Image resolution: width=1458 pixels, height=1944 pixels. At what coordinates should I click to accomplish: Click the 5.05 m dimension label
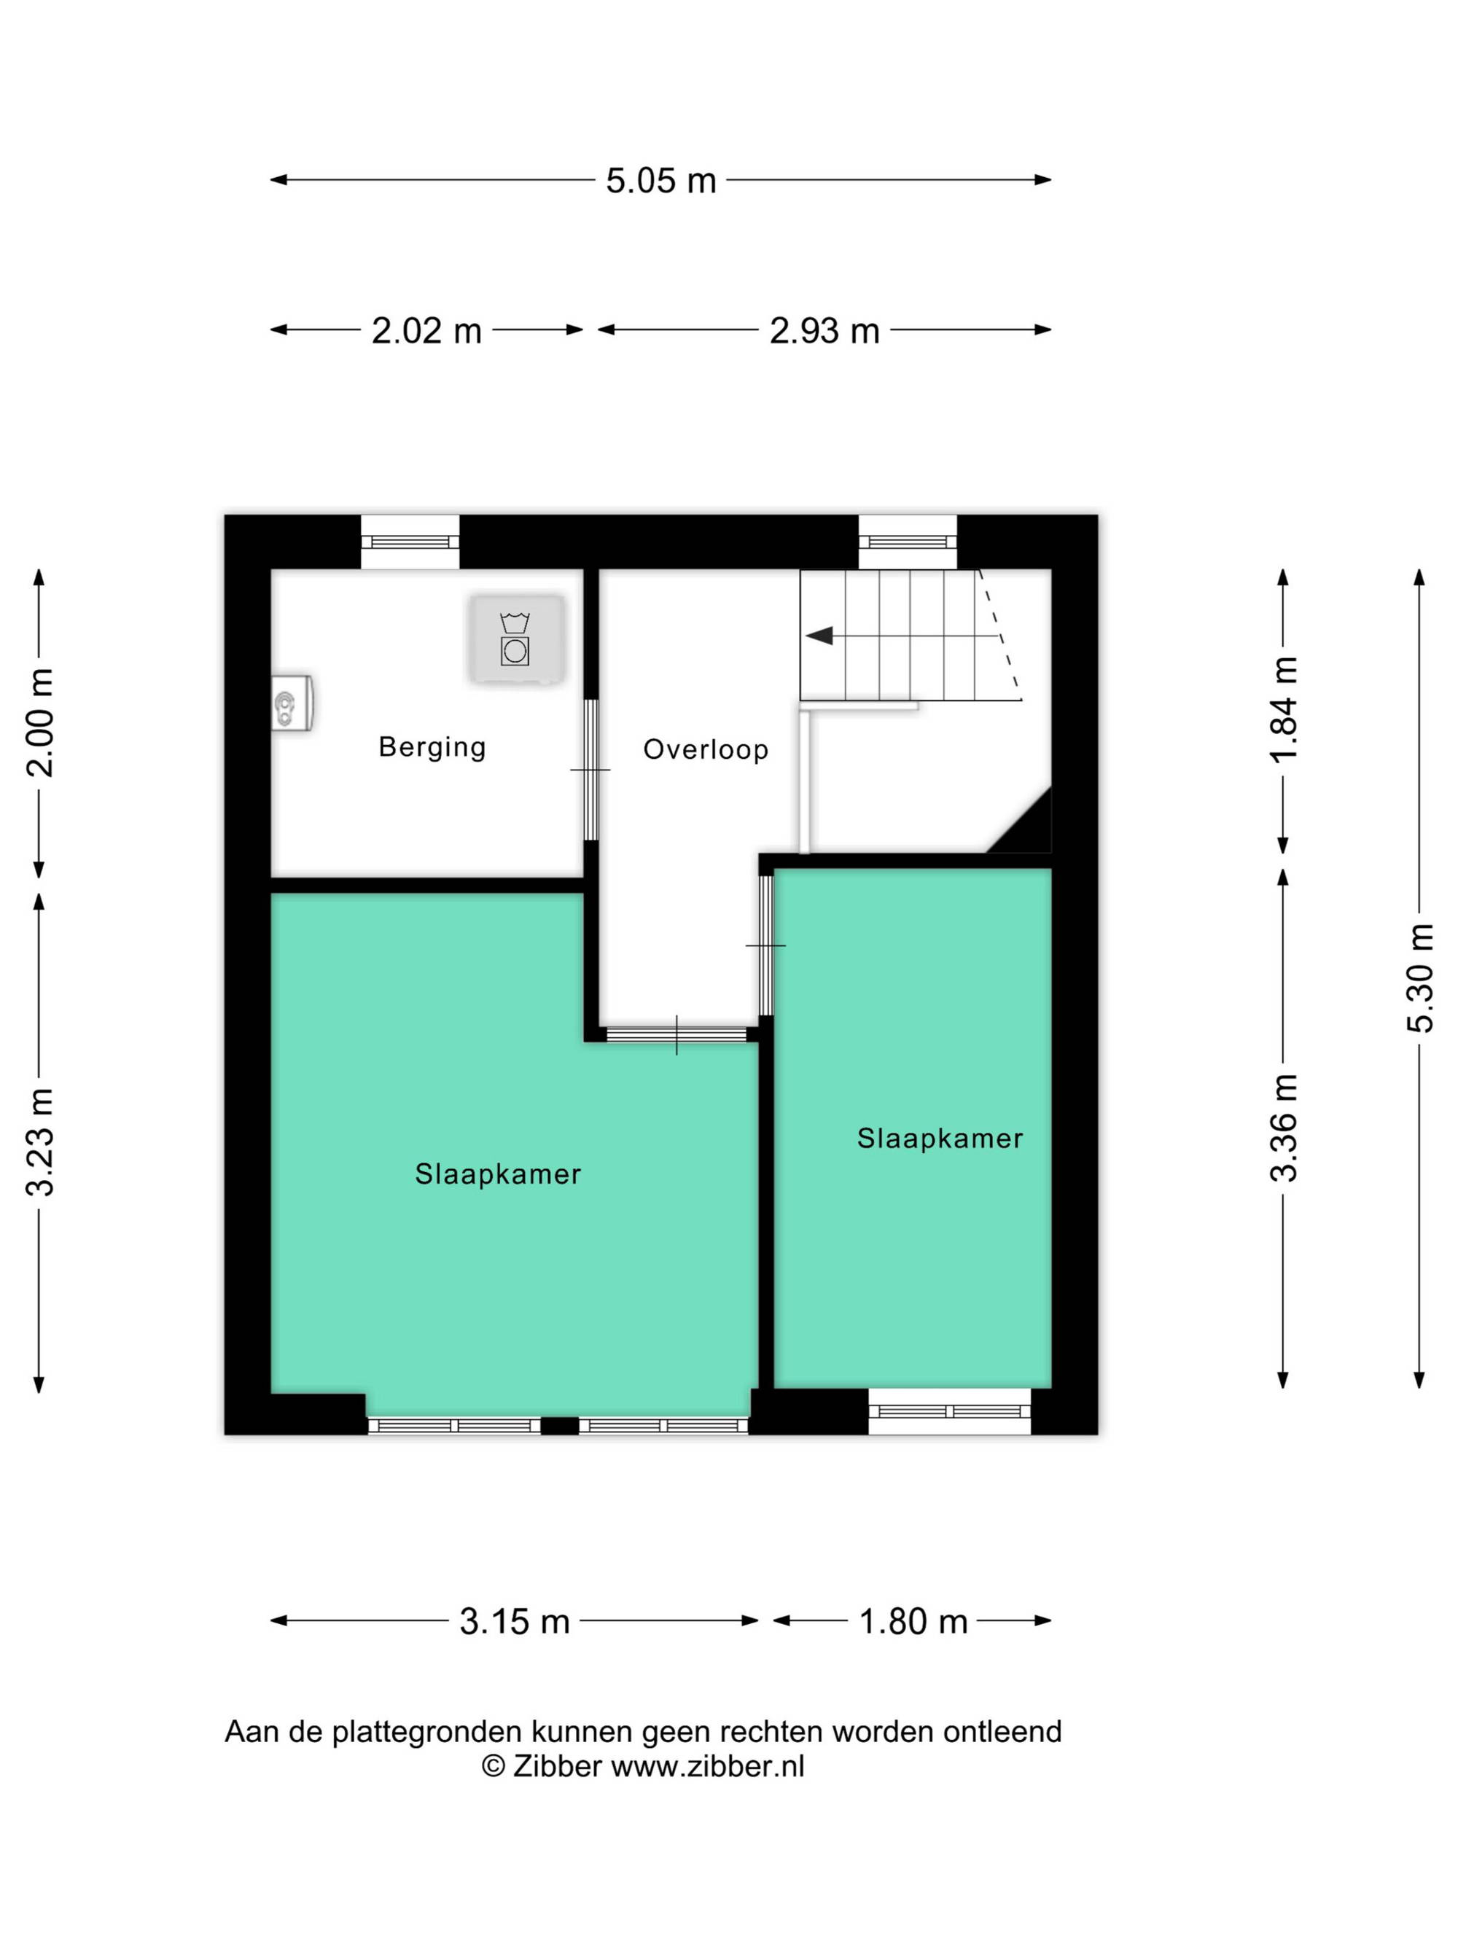[661, 180]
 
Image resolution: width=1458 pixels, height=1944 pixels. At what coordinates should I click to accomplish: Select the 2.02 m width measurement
[426, 330]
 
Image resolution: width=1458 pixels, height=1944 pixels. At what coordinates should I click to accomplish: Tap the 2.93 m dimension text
[824, 330]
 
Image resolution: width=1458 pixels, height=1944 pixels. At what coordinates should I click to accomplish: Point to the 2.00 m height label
[40, 722]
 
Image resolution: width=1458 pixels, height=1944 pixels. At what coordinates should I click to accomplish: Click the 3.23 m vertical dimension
[40, 1141]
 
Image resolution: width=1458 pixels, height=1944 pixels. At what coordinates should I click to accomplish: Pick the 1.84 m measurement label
[1284, 709]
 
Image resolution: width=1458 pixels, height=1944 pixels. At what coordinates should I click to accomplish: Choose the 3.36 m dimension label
[1284, 1128]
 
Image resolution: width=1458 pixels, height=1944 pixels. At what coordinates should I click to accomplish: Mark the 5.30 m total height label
[1420, 978]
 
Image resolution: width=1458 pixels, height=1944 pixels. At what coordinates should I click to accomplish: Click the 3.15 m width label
[514, 1622]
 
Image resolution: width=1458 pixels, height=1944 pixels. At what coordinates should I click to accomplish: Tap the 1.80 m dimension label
[913, 1622]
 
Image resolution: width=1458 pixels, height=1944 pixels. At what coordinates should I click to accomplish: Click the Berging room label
[432, 747]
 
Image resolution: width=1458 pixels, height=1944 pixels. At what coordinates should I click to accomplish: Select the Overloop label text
[706, 749]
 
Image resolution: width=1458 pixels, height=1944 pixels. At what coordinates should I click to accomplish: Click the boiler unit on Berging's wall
[292, 703]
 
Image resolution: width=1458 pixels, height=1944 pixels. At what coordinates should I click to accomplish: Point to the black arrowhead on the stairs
[819, 636]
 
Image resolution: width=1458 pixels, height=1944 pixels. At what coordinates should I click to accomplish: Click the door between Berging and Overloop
[590, 770]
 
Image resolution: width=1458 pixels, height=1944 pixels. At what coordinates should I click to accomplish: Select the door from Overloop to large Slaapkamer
[677, 1034]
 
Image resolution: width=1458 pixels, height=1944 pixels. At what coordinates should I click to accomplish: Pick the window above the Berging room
[410, 542]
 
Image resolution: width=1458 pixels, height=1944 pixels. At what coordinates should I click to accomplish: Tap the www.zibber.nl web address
[707, 1765]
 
